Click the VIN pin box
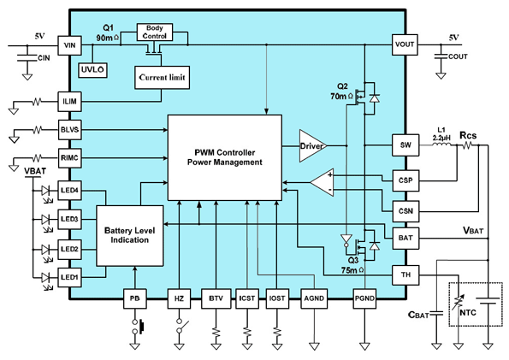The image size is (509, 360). [69, 45]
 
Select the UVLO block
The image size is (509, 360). [93, 70]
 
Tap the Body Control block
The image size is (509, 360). [155, 32]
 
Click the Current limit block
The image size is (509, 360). [162, 78]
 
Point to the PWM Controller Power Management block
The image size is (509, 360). [225, 157]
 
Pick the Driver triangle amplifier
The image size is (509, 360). [312, 145]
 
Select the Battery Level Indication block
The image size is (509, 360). [130, 236]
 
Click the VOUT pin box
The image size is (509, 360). [405, 44]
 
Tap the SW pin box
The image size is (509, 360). [405, 145]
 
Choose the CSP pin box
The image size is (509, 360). [405, 180]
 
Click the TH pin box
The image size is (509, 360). [405, 275]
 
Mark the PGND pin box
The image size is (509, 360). [365, 298]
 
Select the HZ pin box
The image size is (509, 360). [179, 298]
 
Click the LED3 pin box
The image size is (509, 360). [69, 219]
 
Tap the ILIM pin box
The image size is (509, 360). [69, 102]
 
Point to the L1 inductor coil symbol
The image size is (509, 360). [441, 145]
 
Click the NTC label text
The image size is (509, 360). [468, 313]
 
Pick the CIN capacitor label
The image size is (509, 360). [44, 58]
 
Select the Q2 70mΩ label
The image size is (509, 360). [342, 91]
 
